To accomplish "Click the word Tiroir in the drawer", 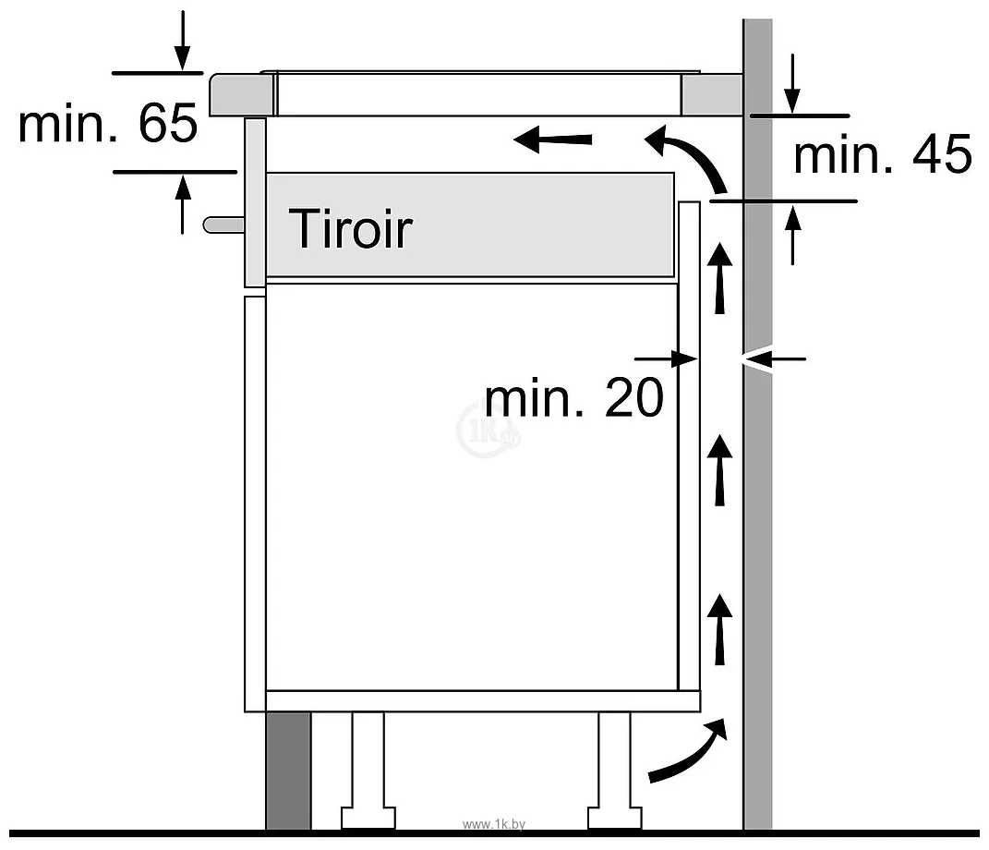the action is [x=350, y=228].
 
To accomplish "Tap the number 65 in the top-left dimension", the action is [x=168, y=123].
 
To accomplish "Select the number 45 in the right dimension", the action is [x=942, y=154].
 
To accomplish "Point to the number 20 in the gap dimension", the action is [x=633, y=397].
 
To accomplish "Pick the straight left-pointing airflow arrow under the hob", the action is [x=553, y=139].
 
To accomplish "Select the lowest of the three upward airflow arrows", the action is [x=719, y=628].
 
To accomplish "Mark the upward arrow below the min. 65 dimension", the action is [x=182, y=204].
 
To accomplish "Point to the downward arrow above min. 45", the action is [x=792, y=83].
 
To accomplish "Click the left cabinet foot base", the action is [x=368, y=817].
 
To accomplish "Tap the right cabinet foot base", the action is [x=615, y=817].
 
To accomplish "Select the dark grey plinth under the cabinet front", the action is [x=288, y=771].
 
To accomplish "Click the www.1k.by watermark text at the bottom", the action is [x=494, y=824].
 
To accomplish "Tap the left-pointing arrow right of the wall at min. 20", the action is [x=775, y=359].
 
